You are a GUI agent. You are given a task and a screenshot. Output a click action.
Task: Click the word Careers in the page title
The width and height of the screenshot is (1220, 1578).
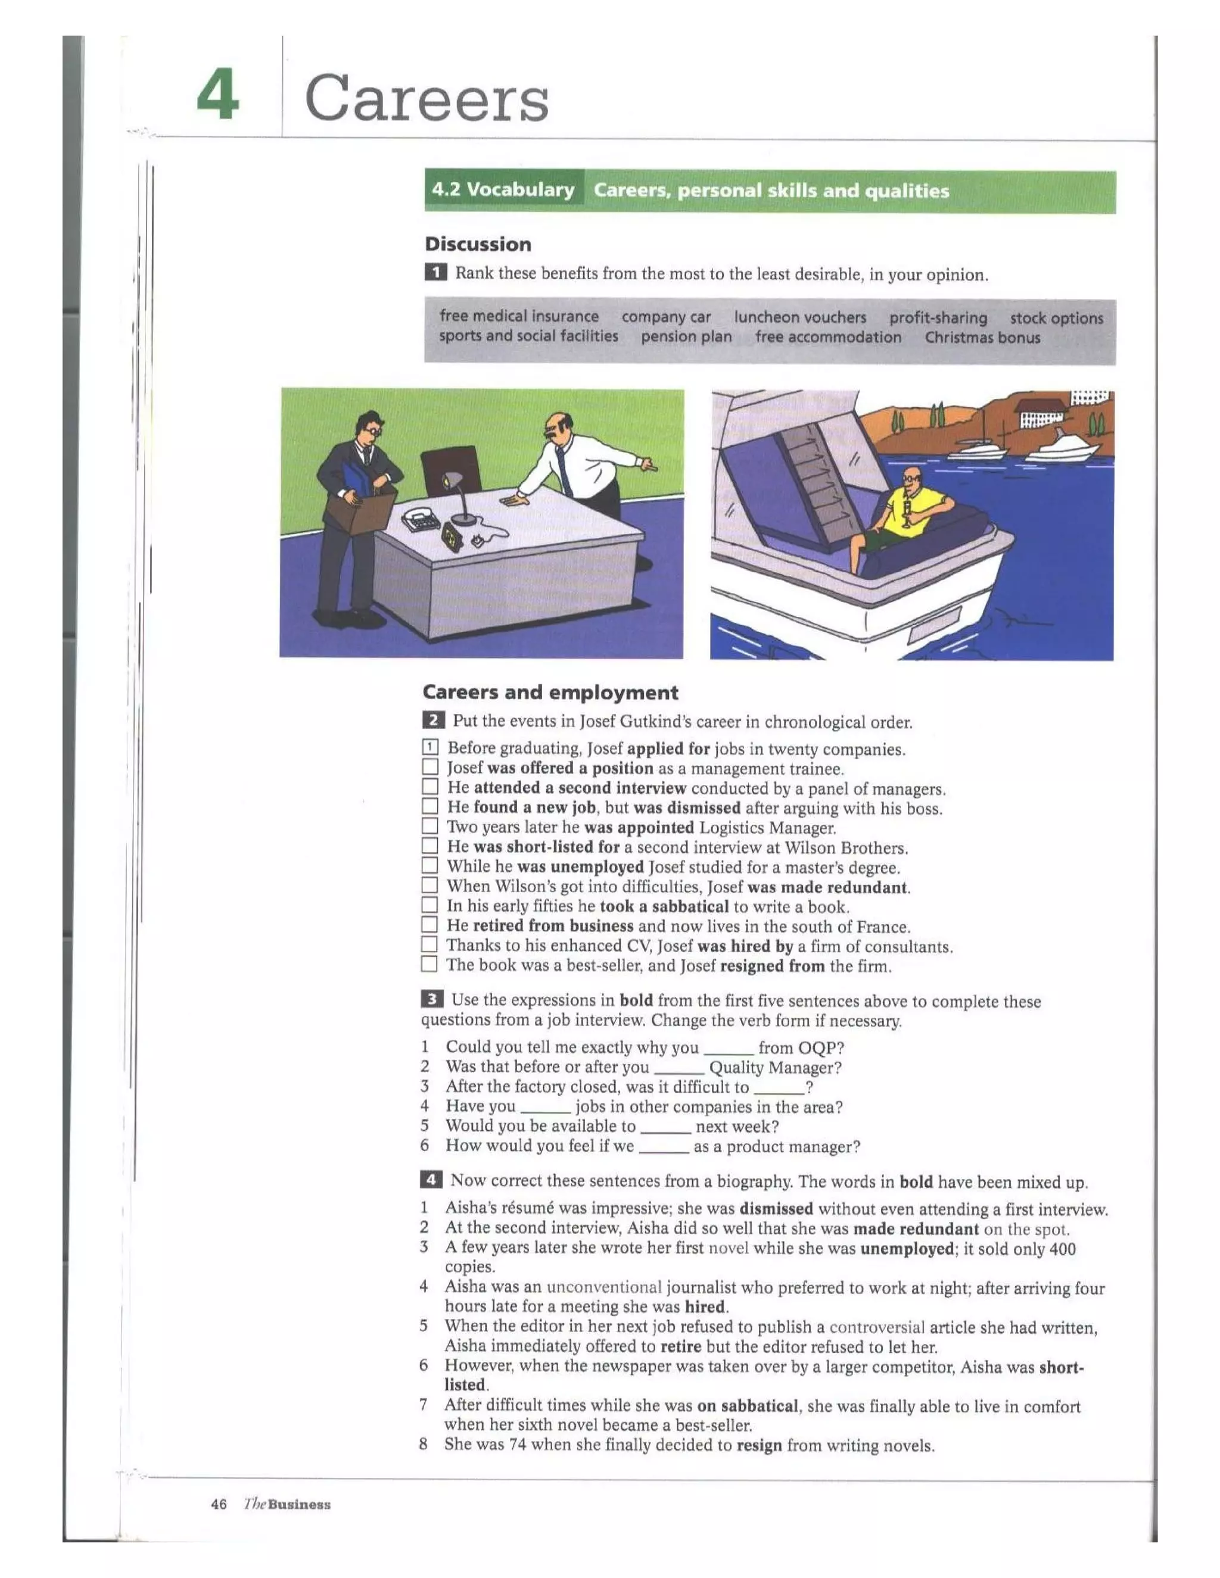pos(427,98)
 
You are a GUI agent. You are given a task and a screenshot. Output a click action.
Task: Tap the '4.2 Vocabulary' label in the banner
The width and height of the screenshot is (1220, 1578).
pos(503,190)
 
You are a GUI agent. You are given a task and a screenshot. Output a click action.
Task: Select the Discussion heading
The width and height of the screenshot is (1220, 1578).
pos(478,244)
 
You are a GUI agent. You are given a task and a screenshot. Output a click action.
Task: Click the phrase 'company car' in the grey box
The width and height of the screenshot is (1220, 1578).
pos(665,317)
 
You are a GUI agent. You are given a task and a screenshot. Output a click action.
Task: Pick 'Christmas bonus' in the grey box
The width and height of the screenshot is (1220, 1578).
pos(982,338)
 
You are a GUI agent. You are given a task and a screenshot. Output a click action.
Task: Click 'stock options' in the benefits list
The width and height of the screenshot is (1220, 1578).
pos(1056,318)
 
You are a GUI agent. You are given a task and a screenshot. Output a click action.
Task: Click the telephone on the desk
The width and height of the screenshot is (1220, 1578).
pos(421,519)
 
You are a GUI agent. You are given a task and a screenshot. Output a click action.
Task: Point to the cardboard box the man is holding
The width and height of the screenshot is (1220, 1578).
pos(359,510)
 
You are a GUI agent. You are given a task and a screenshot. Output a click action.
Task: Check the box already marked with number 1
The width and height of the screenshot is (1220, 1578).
pos(430,747)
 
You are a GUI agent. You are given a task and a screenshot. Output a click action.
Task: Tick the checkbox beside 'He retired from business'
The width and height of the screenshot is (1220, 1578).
pos(430,924)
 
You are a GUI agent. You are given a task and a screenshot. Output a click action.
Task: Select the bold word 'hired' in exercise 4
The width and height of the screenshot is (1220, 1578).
pos(705,1306)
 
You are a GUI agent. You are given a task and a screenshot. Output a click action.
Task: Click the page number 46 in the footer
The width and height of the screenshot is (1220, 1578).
pos(218,1504)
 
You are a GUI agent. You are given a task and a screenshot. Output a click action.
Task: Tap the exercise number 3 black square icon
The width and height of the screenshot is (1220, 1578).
pos(431,999)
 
